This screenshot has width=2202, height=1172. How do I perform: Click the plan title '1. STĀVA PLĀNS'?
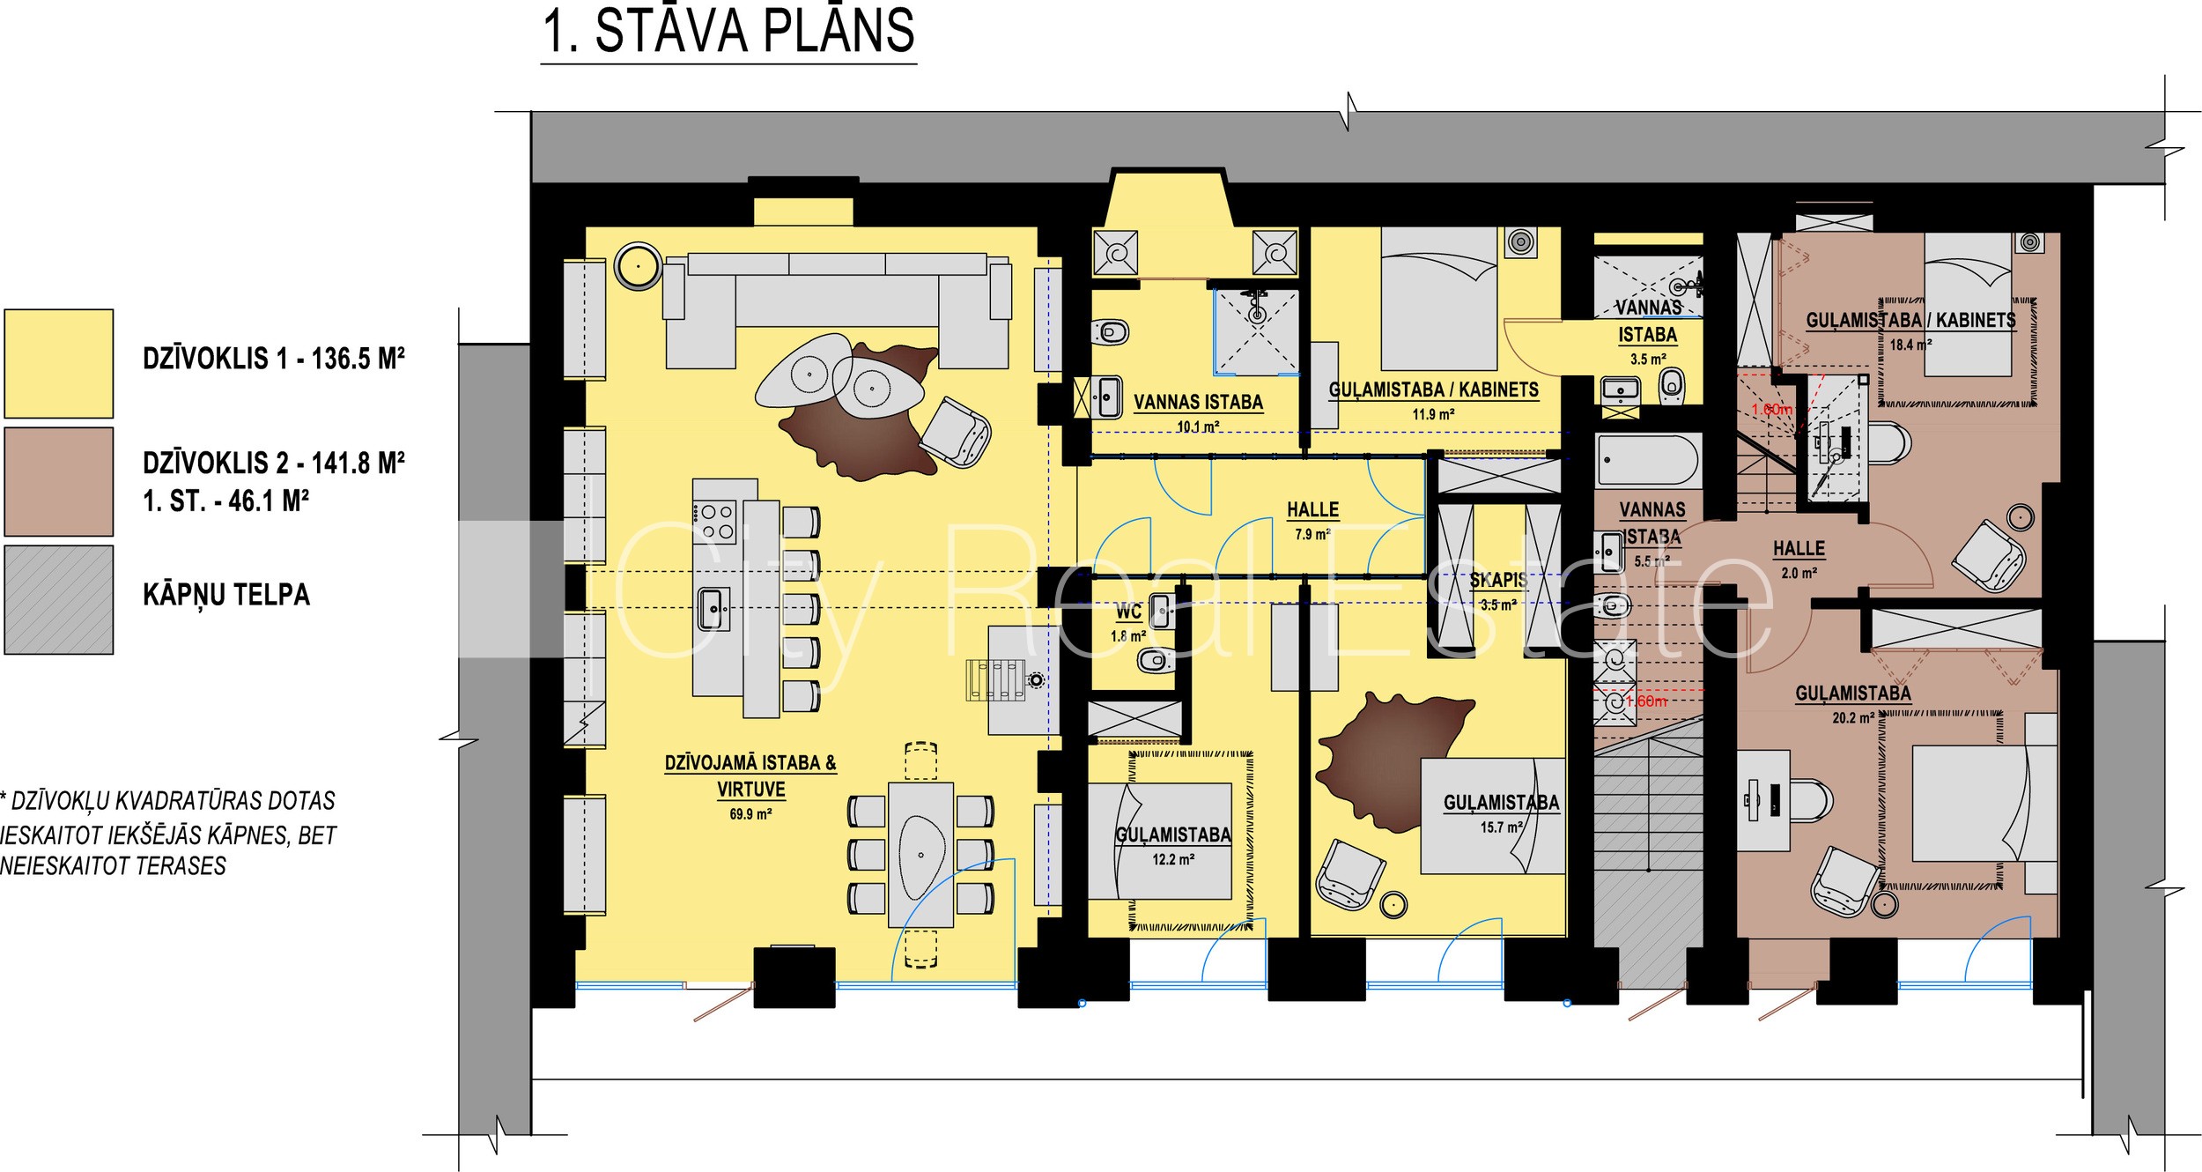(x=728, y=32)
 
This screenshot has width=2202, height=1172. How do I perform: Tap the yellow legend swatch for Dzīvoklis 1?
(x=59, y=363)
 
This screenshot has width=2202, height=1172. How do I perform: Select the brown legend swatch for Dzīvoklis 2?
(x=59, y=482)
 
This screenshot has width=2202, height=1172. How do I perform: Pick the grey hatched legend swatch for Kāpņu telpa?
(x=59, y=600)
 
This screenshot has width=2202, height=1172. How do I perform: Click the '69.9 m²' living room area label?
(x=750, y=814)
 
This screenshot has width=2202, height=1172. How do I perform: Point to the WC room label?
(x=1128, y=612)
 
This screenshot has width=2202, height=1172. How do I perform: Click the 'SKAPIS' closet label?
(x=1497, y=581)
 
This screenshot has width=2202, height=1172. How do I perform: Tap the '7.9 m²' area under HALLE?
(x=1312, y=535)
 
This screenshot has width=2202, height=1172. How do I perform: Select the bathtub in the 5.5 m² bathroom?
(x=1647, y=461)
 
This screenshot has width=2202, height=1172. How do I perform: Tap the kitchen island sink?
(x=713, y=609)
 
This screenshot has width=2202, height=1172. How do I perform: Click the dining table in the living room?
(x=920, y=854)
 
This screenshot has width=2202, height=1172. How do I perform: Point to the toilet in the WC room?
(x=1154, y=660)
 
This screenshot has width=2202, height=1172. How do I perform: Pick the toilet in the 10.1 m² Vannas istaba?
(x=1111, y=332)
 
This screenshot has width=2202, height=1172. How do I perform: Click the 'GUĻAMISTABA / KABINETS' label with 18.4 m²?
(x=1910, y=320)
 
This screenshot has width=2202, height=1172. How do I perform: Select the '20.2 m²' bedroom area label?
(x=1853, y=718)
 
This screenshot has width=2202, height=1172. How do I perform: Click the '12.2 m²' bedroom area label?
(x=1173, y=859)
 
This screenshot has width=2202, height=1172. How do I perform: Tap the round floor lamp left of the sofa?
(x=638, y=265)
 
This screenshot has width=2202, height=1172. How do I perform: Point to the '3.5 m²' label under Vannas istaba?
(x=1648, y=360)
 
